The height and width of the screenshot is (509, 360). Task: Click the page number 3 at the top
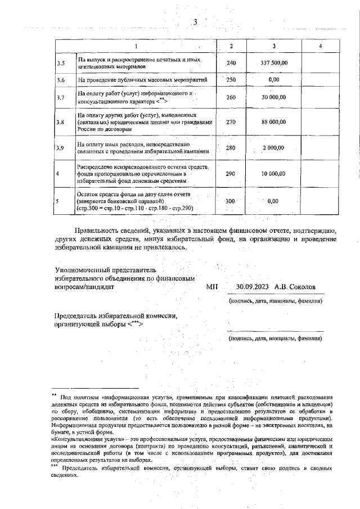[x=195, y=22]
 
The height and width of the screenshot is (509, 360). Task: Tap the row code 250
[x=231, y=80]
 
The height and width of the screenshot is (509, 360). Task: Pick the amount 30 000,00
[x=274, y=97]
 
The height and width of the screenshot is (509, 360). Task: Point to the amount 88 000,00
[x=274, y=121]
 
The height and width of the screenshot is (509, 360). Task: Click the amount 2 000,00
[x=274, y=148]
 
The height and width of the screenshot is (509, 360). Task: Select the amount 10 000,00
[x=274, y=174]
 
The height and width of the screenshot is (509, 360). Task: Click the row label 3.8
[x=61, y=121]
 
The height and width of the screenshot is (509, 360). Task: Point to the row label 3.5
[x=61, y=62]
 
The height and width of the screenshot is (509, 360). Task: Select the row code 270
[x=231, y=121]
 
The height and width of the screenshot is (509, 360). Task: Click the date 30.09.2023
[x=253, y=287]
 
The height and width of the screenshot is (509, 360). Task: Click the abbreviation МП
[x=212, y=287]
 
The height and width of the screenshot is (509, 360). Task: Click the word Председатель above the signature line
[x=79, y=316]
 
